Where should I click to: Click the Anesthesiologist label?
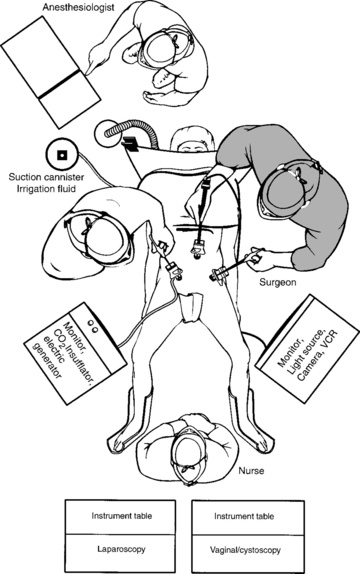pyautogui.click(x=78, y=7)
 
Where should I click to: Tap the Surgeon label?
pyautogui.click(x=278, y=283)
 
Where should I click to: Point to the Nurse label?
pyautogui.click(x=251, y=470)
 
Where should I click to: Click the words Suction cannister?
pyautogui.click(x=46, y=178)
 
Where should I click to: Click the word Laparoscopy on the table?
pyautogui.click(x=121, y=549)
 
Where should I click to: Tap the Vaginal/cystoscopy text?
pyautogui.click(x=245, y=550)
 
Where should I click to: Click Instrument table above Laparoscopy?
pyautogui.click(x=122, y=516)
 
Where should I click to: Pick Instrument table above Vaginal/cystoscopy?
pyautogui.click(x=244, y=517)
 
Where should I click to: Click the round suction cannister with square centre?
pyautogui.click(x=62, y=155)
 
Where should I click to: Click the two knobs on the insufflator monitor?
pyautogui.click(x=92, y=326)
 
